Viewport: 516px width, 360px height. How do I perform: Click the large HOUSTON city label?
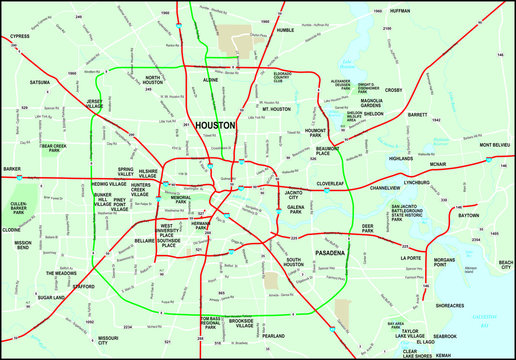tap(215, 125)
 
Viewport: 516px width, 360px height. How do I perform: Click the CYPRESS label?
tap(19, 35)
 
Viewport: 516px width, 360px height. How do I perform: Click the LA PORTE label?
tap(412, 257)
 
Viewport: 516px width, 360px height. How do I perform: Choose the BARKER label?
tap(12, 170)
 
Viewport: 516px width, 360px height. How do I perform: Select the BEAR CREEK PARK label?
tap(54, 148)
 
